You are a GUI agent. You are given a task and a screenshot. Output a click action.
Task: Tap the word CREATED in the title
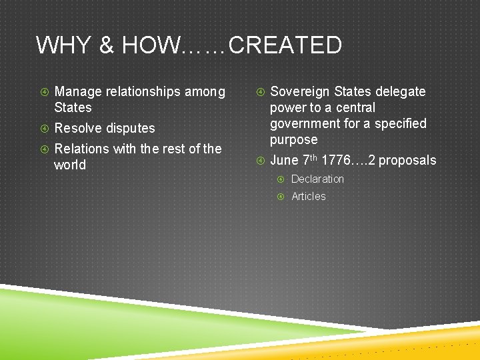pos(285,45)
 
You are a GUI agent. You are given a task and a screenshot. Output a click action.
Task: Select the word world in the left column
pos(70,165)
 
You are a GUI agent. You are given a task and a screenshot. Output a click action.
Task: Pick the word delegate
pos(400,91)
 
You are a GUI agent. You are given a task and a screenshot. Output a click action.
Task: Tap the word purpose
pos(294,140)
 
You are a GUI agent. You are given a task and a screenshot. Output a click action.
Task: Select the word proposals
pos(407,160)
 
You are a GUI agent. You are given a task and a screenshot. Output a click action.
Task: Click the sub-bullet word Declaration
pos(317,179)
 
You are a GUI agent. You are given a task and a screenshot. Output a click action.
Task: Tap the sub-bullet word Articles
pos(309,196)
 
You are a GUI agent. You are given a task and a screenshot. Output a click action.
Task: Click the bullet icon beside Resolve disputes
pos(43,128)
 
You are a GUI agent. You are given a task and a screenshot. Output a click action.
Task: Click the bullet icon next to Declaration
pos(281,179)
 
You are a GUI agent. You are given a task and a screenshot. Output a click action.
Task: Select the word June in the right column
pos(285,160)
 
